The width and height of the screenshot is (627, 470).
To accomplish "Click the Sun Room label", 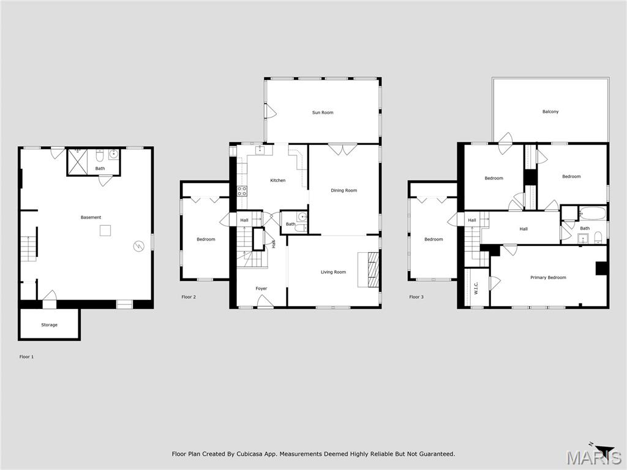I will tap(323, 113).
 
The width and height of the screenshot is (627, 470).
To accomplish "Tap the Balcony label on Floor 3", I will tap(550, 112).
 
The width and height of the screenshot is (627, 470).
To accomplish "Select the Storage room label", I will tap(50, 325).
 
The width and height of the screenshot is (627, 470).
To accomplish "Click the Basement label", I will tap(91, 218).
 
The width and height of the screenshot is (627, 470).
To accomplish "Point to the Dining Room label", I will tap(344, 190).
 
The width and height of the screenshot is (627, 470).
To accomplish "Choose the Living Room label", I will tap(333, 272).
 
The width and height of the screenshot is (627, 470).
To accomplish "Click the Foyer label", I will tap(261, 289).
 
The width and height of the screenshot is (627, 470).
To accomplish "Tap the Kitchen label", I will tap(278, 181).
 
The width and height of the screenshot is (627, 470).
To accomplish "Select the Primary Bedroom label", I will tap(548, 278).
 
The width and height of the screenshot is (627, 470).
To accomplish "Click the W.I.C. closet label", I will tap(476, 288).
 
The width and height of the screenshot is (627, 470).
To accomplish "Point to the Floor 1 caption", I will tap(26, 357).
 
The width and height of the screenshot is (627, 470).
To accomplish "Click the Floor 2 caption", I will tap(189, 297).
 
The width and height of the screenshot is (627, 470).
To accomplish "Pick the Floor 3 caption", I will tap(416, 297).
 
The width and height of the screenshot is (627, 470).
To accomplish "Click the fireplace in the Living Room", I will tap(373, 269).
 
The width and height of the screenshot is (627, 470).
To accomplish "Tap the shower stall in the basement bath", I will tap(77, 162).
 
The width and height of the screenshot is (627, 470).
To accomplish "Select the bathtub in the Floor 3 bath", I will tap(592, 214).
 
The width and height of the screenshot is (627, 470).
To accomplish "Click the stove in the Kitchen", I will tap(242, 190).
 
